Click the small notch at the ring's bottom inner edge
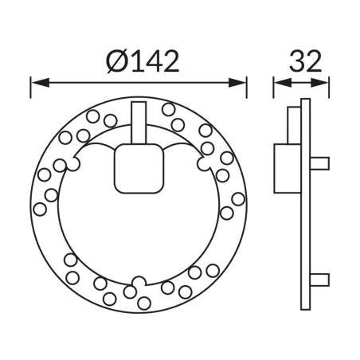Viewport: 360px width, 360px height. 139,280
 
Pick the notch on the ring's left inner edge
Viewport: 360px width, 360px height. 71,165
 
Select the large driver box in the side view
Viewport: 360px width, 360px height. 287,168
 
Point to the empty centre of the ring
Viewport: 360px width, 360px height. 139,231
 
